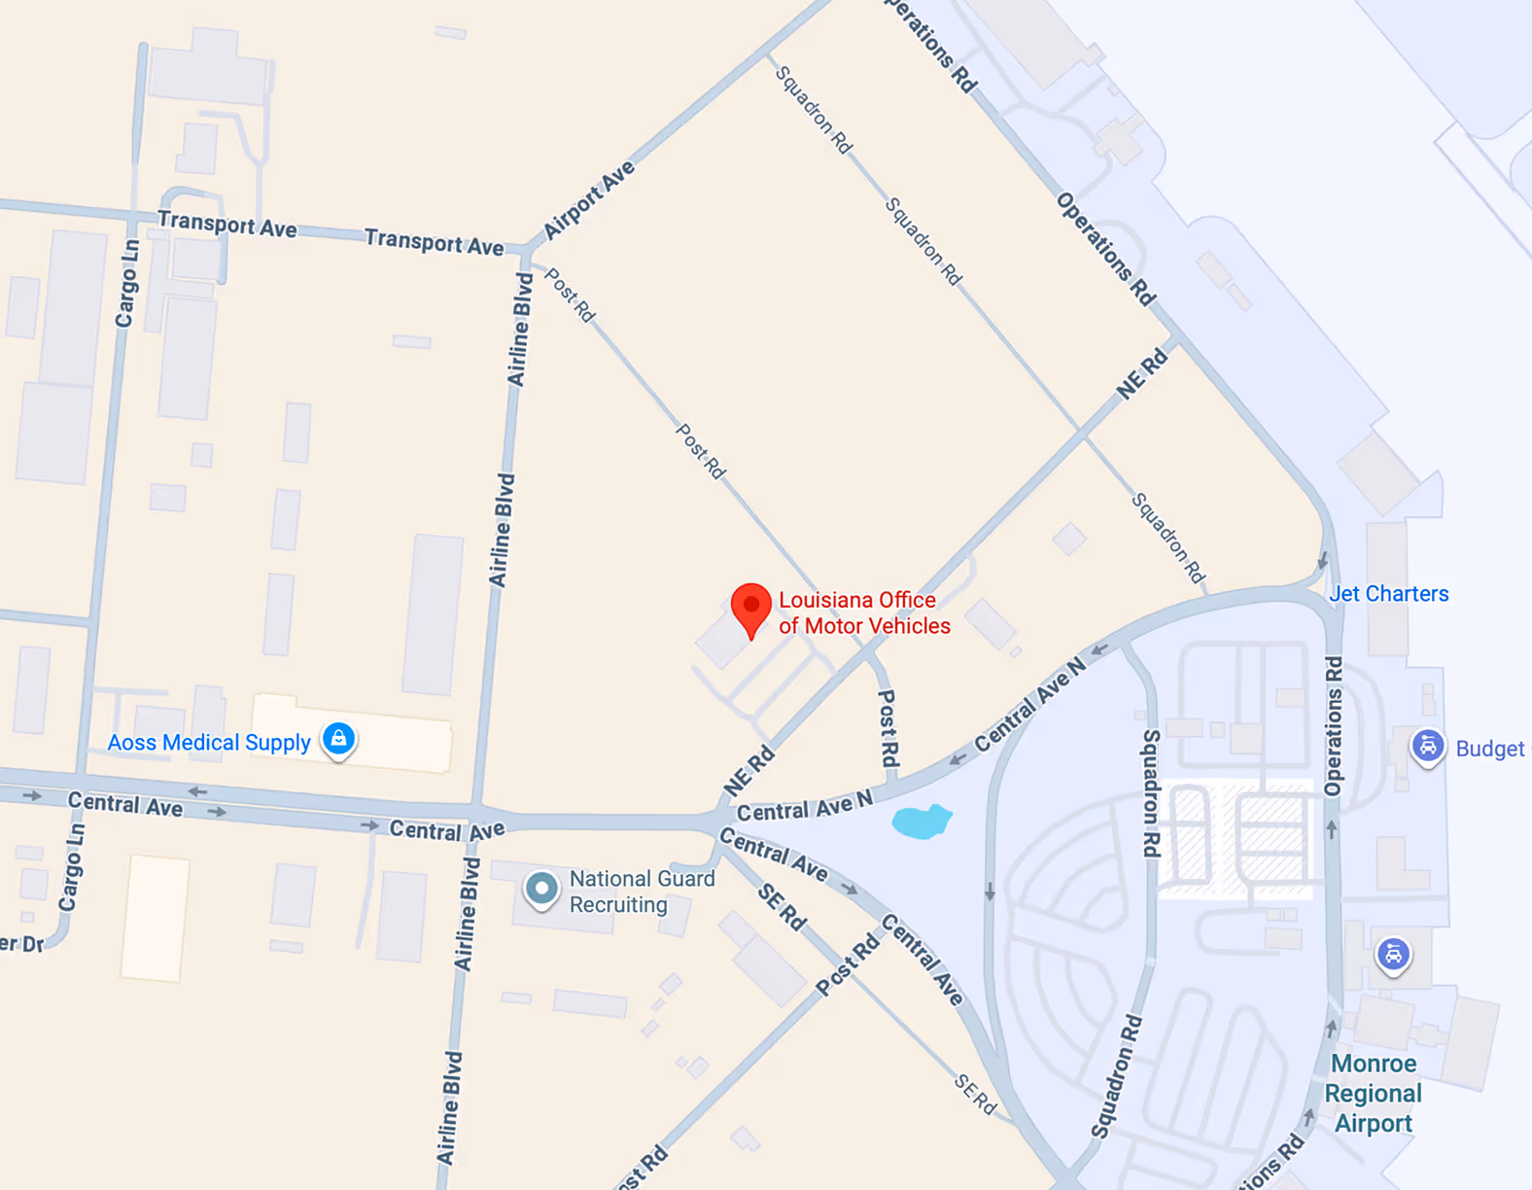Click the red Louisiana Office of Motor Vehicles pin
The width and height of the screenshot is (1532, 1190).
pos(750,608)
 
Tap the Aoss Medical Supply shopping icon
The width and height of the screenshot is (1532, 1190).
pos(338,739)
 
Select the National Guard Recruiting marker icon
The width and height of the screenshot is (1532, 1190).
pos(541,888)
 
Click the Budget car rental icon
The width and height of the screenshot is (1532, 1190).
pos(1427,747)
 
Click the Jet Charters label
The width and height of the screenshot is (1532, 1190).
pos(1389,594)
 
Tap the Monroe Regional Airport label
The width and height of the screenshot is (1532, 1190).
pos(1373,1093)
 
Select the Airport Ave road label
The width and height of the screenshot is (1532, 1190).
pos(588,199)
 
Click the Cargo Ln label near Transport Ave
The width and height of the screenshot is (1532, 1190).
pos(126,284)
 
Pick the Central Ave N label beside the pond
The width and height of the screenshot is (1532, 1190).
pos(805,807)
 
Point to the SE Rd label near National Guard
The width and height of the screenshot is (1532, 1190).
pos(782,907)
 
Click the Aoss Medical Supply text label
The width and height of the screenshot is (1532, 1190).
pos(209,743)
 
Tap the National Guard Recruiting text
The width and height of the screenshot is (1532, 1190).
pos(642,892)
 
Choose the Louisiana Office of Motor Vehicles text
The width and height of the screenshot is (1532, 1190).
pos(863,613)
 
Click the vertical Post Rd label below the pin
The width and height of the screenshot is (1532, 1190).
pos(888,728)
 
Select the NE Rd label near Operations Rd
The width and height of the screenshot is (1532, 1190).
pos(1141,375)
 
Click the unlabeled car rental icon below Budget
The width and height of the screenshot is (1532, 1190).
pos(1393,954)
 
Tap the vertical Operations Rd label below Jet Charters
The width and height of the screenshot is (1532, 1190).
pos(1334,725)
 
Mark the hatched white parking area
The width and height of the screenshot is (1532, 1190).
pos(1236,839)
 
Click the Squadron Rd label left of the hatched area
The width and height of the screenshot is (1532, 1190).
pos(1150,793)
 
